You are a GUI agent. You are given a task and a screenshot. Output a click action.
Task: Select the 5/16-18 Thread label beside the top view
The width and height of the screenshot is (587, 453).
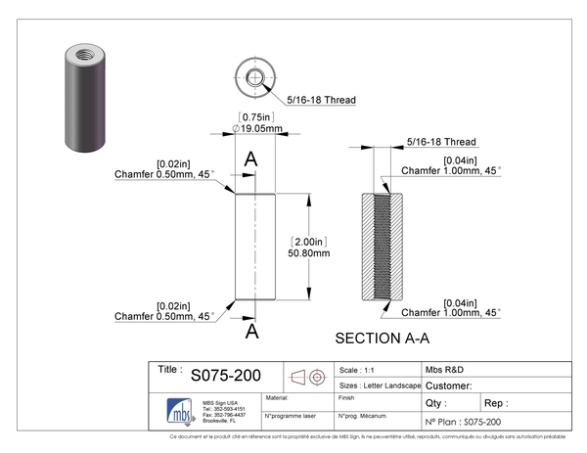tap(321, 100)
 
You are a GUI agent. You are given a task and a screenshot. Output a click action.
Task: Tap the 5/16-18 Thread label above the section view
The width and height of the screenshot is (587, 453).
tap(441, 142)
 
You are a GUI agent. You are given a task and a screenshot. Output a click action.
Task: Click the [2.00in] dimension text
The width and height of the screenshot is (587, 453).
tap(308, 240)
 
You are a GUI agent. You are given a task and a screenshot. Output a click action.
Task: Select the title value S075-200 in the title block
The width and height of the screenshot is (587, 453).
tap(225, 376)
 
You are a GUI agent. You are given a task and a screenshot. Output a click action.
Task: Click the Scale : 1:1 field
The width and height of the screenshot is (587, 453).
tap(357, 371)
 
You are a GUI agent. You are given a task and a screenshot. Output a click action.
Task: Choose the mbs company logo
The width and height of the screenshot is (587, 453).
tap(177, 408)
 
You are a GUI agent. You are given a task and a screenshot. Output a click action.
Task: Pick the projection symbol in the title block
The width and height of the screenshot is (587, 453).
tap(307, 377)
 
